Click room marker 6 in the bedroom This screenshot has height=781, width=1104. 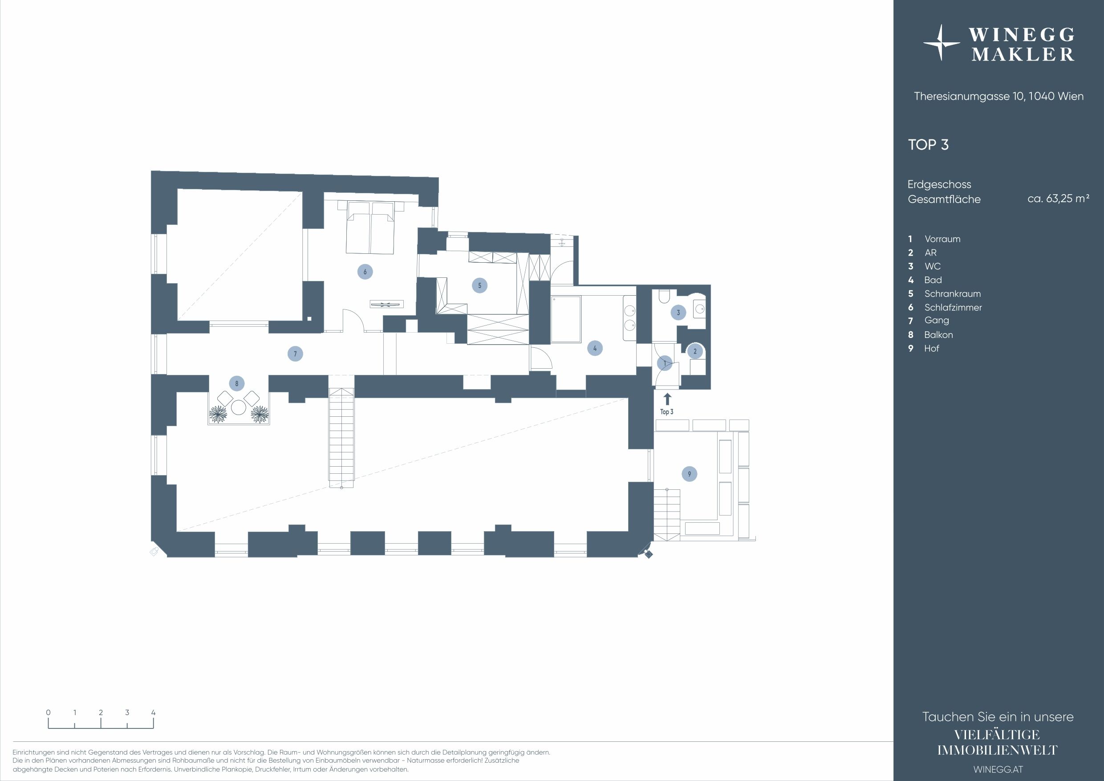pos(365,272)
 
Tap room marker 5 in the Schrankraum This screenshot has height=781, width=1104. pos(479,285)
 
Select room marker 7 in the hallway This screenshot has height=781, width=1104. pos(295,354)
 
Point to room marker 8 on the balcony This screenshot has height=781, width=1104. pos(236,384)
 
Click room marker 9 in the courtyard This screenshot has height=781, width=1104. pos(689,474)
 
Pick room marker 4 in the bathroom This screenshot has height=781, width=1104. pos(595,348)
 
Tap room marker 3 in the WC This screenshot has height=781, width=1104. pos(678,313)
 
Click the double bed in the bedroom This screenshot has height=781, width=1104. pos(370,227)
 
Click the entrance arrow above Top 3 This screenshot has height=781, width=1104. pos(667,399)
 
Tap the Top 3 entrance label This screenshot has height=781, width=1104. pos(666,412)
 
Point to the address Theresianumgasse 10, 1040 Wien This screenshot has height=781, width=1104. pos(998,96)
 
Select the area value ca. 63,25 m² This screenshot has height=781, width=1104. pos(1058,199)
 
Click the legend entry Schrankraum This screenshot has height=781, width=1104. pos(952,294)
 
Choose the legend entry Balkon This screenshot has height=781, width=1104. pos(938,335)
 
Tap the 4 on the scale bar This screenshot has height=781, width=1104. pos(154,713)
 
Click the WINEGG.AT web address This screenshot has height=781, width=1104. pos(998,769)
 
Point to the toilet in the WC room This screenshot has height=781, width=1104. pos(664,296)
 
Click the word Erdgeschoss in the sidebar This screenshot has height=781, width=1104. pos(939,185)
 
